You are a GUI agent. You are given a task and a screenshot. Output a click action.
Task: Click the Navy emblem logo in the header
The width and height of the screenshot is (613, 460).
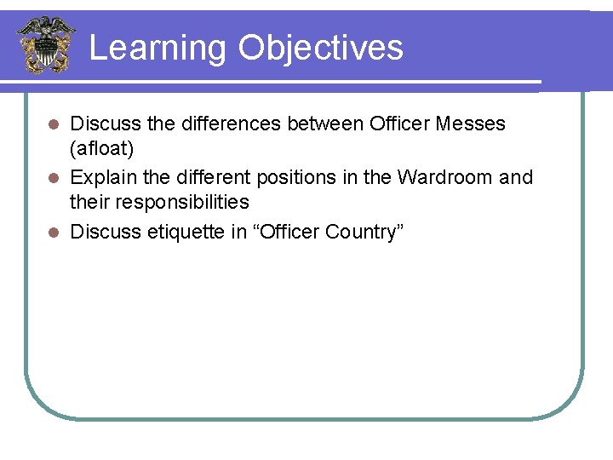46,44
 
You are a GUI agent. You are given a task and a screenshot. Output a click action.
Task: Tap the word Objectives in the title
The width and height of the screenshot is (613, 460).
321,48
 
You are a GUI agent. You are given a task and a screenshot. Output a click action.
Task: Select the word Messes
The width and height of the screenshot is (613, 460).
470,124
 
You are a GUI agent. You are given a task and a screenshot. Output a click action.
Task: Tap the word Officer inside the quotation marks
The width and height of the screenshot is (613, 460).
285,232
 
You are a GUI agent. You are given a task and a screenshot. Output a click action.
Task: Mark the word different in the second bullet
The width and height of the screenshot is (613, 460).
212,177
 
